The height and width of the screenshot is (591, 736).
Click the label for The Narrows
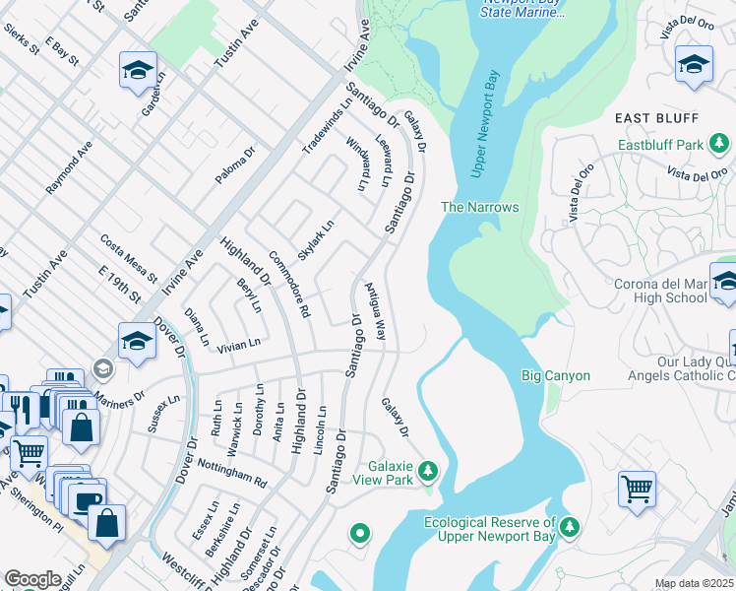[x=479, y=207]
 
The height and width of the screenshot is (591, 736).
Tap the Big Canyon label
[x=555, y=375]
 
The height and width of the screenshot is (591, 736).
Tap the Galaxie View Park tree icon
[x=428, y=471]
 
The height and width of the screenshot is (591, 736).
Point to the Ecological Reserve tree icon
[x=570, y=530]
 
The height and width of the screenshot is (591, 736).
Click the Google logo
[x=33, y=578]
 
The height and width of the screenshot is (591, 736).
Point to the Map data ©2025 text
[x=694, y=583]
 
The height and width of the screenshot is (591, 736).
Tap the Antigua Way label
[x=376, y=311]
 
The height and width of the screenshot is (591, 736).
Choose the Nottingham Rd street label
[x=232, y=472]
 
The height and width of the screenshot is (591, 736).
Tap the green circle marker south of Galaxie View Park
[x=360, y=534]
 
